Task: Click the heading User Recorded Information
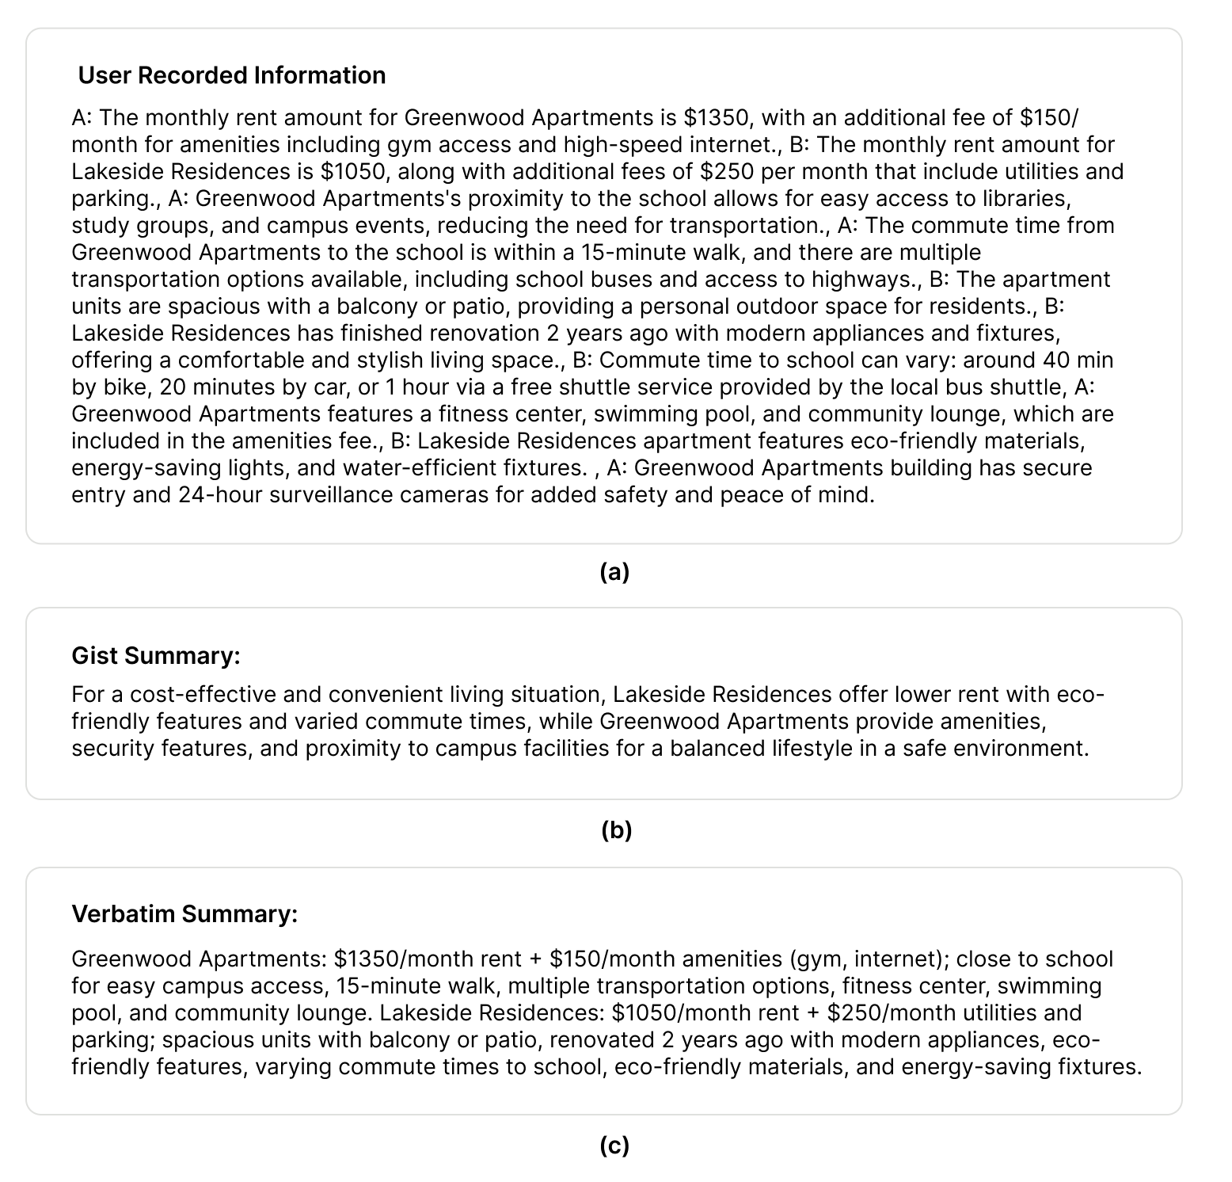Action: click(232, 75)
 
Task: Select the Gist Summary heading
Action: click(156, 656)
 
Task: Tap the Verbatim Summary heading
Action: click(184, 914)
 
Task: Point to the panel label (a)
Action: click(614, 571)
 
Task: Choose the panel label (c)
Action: click(614, 1146)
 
